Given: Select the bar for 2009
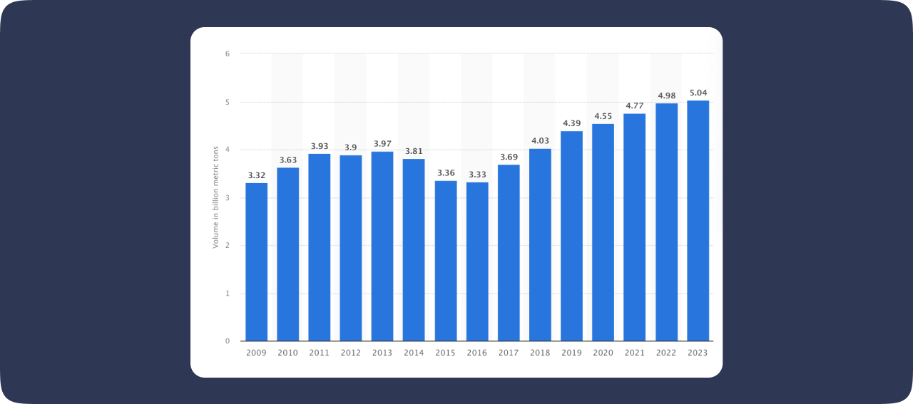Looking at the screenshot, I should click(256, 262).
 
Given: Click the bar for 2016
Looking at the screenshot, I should click(477, 261).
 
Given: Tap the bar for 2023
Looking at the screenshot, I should click(698, 221).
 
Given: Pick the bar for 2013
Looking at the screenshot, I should click(382, 247).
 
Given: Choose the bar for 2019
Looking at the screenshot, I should click(571, 236).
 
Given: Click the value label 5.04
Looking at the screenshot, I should click(698, 93).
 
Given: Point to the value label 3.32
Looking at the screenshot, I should click(256, 175).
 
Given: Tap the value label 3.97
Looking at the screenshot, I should click(382, 144).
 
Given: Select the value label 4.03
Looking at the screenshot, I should click(540, 141).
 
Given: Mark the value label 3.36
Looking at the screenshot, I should click(446, 173).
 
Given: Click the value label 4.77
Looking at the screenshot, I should click(635, 105).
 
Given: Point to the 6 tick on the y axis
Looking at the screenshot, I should click(228, 53).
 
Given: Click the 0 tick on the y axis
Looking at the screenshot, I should click(228, 341).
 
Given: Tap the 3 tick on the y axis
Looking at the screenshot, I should click(228, 197).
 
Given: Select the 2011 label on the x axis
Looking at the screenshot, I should click(320, 353).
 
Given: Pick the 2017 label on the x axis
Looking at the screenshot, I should click(509, 353).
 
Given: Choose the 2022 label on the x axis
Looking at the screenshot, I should click(666, 353).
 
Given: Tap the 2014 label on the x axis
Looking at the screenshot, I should click(414, 353).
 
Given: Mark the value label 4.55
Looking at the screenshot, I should click(603, 116).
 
